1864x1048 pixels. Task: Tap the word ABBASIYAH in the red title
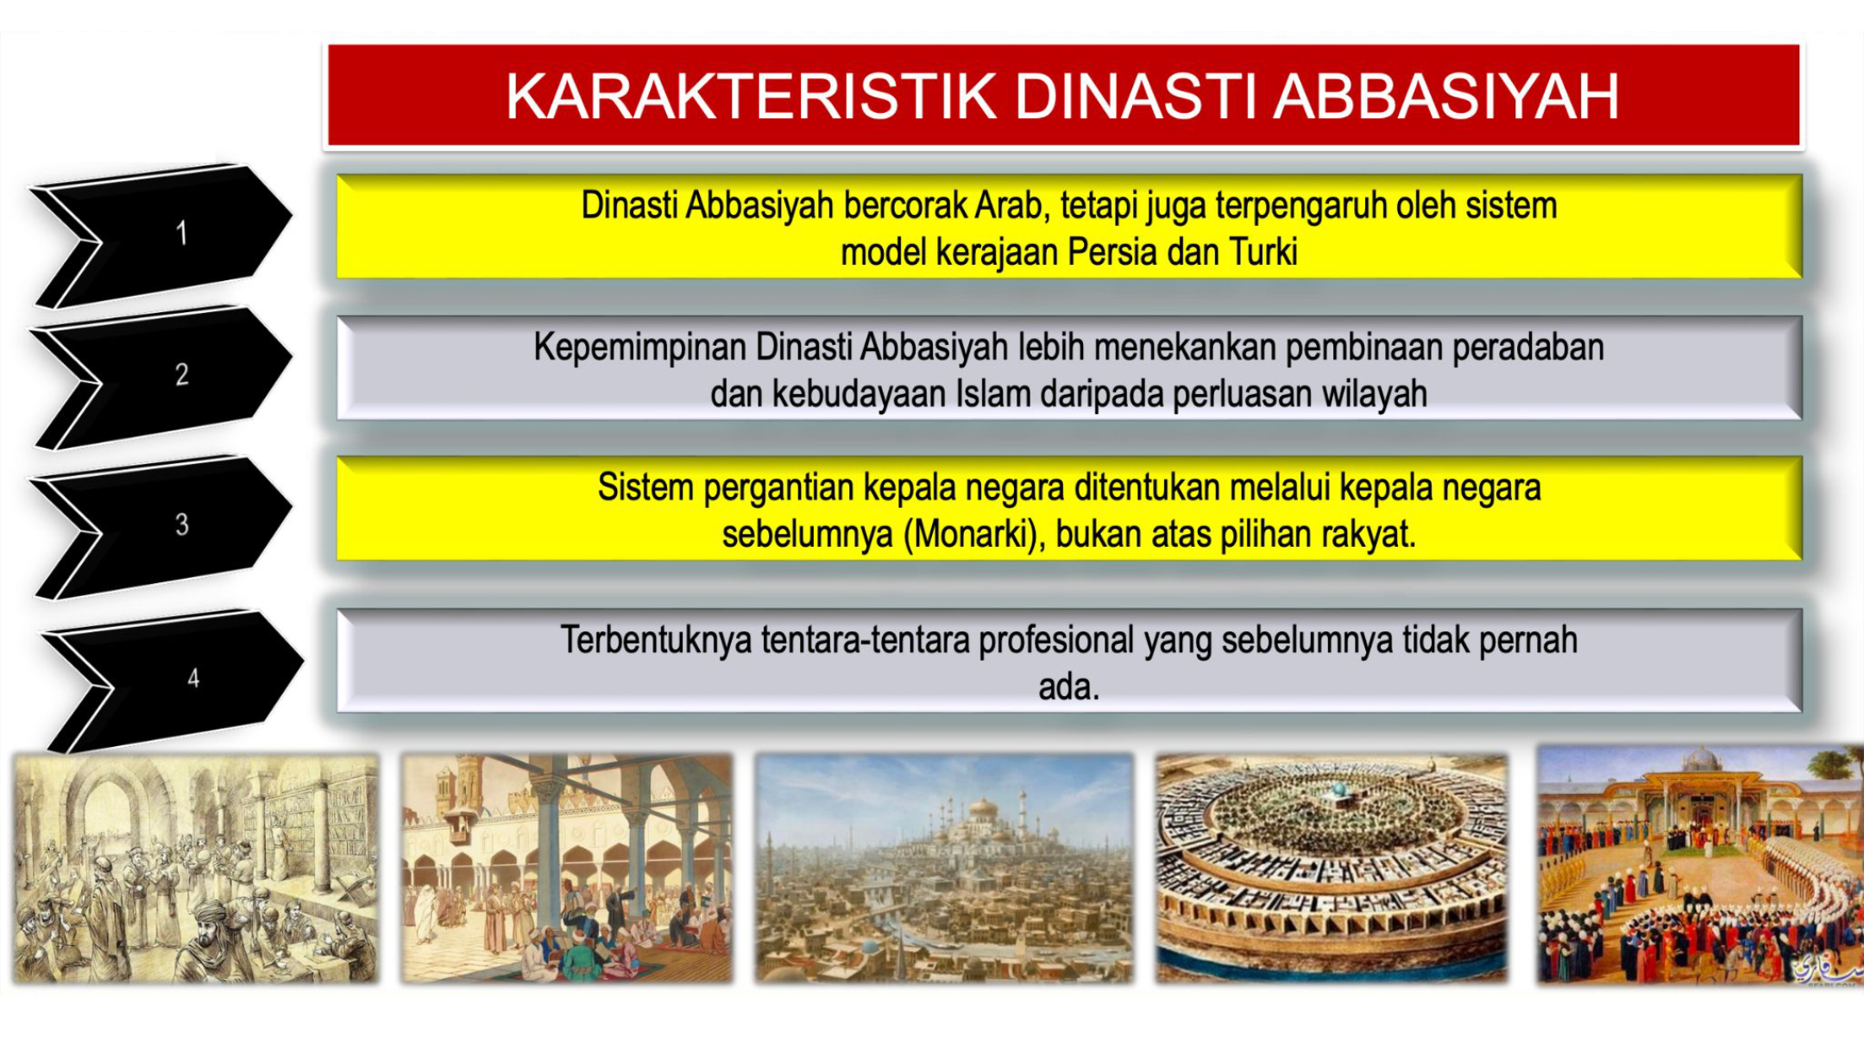click(1446, 96)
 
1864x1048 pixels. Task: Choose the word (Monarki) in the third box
click(974, 535)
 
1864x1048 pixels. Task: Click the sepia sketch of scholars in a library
click(195, 869)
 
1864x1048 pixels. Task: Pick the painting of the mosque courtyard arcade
click(567, 869)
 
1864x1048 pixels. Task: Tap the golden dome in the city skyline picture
click(983, 809)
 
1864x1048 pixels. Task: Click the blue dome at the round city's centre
click(1338, 789)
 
